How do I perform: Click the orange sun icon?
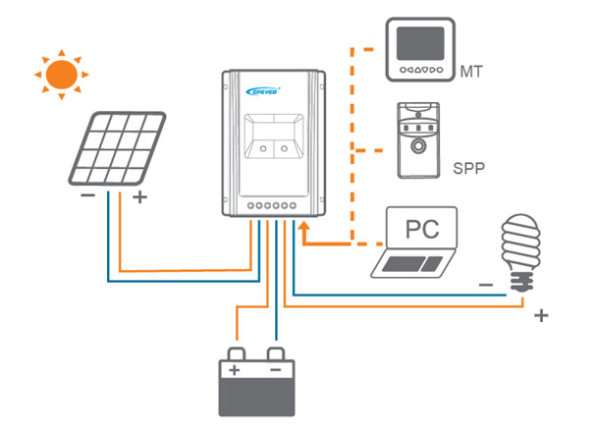63,73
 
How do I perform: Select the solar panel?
120,148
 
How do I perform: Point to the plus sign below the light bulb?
539,316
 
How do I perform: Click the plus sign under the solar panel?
138,197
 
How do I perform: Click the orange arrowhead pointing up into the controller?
304,227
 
